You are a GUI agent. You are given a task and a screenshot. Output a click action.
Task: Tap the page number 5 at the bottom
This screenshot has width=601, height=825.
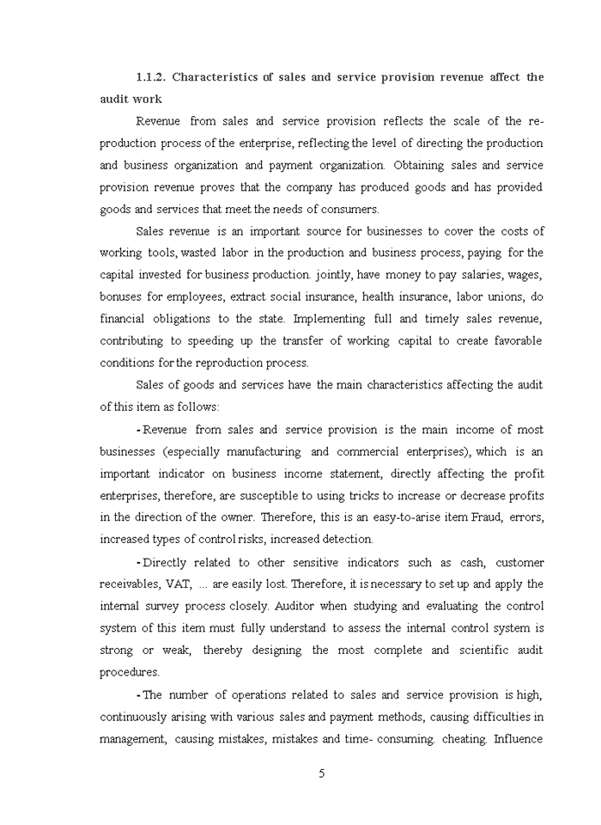322,773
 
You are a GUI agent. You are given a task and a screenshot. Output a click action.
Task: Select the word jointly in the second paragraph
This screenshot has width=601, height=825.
336,275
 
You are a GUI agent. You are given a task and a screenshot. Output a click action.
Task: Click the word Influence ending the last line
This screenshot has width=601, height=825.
518,739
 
